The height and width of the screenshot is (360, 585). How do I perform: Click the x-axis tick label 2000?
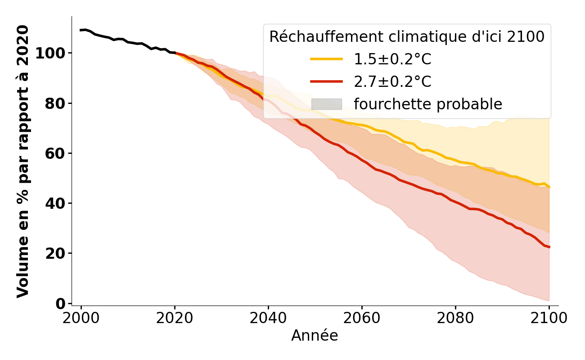81,318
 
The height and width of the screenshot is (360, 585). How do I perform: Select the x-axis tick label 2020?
175,318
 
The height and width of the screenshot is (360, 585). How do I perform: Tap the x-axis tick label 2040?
268,318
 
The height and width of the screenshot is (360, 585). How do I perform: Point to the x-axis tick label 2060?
362,318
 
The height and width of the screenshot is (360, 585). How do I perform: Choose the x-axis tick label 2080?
455,318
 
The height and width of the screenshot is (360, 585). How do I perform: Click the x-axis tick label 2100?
549,318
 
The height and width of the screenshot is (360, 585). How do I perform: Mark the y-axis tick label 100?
50,54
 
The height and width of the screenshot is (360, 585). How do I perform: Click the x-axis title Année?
315,336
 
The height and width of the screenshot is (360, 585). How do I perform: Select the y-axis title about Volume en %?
23,161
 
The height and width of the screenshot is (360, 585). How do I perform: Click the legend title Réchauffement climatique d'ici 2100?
407,37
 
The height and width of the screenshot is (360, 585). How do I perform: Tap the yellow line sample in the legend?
326,59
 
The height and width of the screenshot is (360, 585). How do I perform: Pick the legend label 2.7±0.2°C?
392,82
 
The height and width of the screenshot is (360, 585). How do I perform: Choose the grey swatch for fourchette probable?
326,104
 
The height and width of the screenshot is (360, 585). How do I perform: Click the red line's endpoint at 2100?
549,247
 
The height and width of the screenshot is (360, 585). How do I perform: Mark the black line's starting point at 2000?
81,30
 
